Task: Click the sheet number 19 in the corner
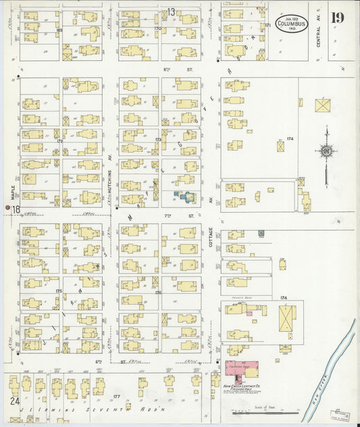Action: point(336,18)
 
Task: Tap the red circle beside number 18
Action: point(7,208)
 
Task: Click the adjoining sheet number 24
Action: point(13,401)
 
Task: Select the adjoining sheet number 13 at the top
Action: point(171,11)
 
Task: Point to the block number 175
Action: point(59,291)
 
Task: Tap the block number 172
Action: point(59,141)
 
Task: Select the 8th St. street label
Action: point(165,69)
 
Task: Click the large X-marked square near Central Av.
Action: point(323,106)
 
